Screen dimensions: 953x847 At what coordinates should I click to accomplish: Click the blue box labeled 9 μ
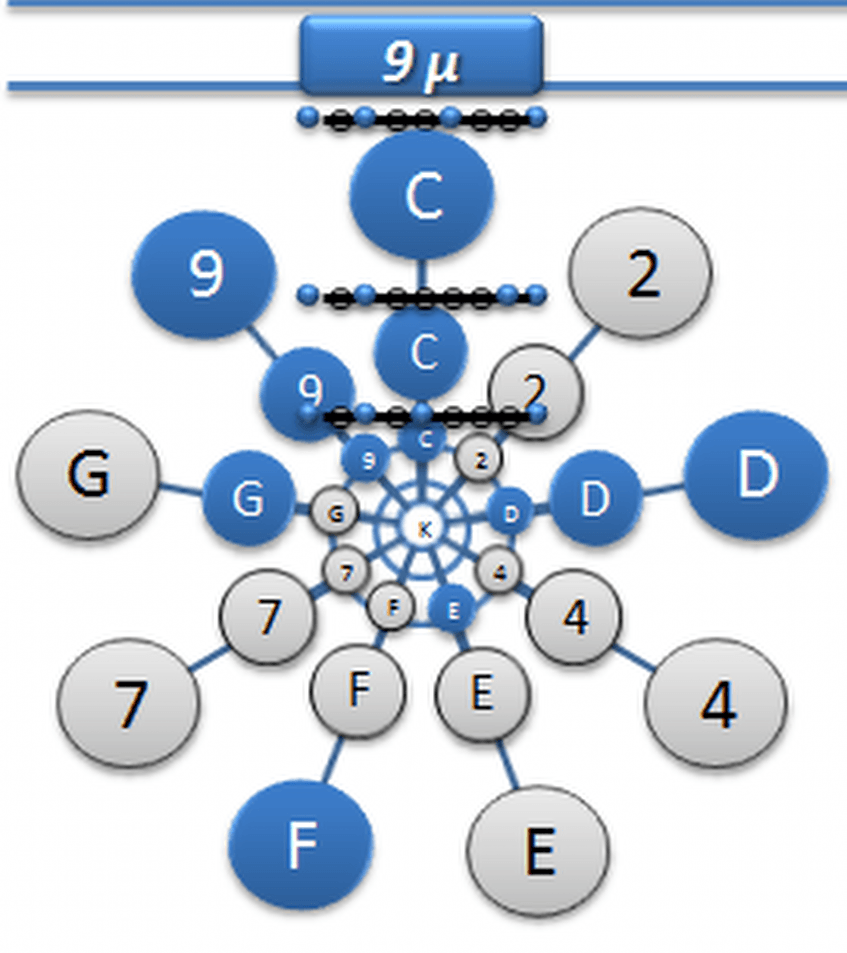click(x=421, y=56)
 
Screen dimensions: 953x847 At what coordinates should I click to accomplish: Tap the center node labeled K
click(x=423, y=529)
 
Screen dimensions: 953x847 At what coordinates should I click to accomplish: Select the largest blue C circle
click(x=422, y=195)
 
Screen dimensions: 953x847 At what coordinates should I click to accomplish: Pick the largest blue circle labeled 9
click(x=205, y=274)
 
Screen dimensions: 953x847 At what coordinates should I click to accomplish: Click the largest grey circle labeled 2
click(x=640, y=272)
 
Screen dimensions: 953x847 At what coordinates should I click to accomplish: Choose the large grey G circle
click(x=88, y=474)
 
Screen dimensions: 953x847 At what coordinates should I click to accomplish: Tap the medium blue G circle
click(x=248, y=497)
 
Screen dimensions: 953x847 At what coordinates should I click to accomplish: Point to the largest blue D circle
click(x=755, y=475)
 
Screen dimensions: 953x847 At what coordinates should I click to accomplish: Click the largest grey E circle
click(x=538, y=851)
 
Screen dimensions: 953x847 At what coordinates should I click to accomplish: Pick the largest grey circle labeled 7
click(x=128, y=701)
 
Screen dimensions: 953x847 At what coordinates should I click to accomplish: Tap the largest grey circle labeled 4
click(x=716, y=703)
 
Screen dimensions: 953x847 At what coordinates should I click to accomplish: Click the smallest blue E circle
click(x=452, y=609)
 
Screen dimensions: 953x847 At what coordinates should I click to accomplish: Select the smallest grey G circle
click(x=335, y=513)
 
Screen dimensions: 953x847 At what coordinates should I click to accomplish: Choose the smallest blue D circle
click(x=511, y=513)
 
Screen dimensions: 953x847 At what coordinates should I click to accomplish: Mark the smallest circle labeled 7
click(x=346, y=573)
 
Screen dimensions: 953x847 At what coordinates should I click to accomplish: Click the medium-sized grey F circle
click(x=358, y=690)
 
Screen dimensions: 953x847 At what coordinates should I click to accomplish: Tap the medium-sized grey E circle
click(x=481, y=693)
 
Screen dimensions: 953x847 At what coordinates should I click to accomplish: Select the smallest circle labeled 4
click(x=499, y=572)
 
